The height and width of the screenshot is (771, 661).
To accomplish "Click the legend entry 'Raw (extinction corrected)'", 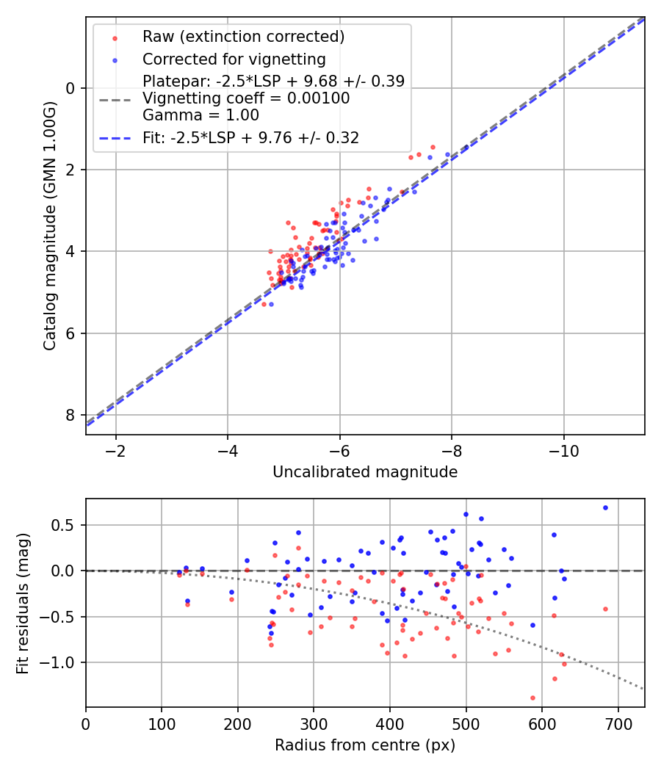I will pyautogui.click(x=243, y=37).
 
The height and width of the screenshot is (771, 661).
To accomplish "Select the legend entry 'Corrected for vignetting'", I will pyautogui.click(x=234, y=59).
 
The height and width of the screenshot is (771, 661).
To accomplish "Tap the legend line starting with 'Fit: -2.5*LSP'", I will pyautogui.click(x=250, y=137).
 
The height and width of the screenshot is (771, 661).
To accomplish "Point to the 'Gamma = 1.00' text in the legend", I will pyautogui.click(x=201, y=115).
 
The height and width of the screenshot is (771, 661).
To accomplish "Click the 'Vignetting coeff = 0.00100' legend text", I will pyautogui.click(x=246, y=98).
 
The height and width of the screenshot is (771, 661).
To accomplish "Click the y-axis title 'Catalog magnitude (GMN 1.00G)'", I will pyautogui.click(x=49, y=225).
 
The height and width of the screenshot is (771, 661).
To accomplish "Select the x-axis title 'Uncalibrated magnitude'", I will pyautogui.click(x=365, y=472).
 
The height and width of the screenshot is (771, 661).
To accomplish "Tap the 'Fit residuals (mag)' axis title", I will pyautogui.click(x=23, y=603).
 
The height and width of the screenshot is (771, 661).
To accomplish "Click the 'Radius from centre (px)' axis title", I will pyautogui.click(x=365, y=745).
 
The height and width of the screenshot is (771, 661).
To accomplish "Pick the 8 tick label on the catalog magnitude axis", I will pyautogui.click(x=71, y=415).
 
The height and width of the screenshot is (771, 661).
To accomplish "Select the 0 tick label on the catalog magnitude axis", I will pyautogui.click(x=71, y=88).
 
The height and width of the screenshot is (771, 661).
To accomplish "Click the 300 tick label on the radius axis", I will pyautogui.click(x=314, y=723).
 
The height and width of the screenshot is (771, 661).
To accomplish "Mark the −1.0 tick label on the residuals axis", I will pyautogui.click(x=62, y=662).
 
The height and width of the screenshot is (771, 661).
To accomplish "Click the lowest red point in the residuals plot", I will pyautogui.click(x=532, y=698).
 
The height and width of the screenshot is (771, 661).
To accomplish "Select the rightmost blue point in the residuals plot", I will pyautogui.click(x=605, y=507).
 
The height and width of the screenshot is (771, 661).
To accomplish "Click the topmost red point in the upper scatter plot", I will pyautogui.click(x=433, y=147).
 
